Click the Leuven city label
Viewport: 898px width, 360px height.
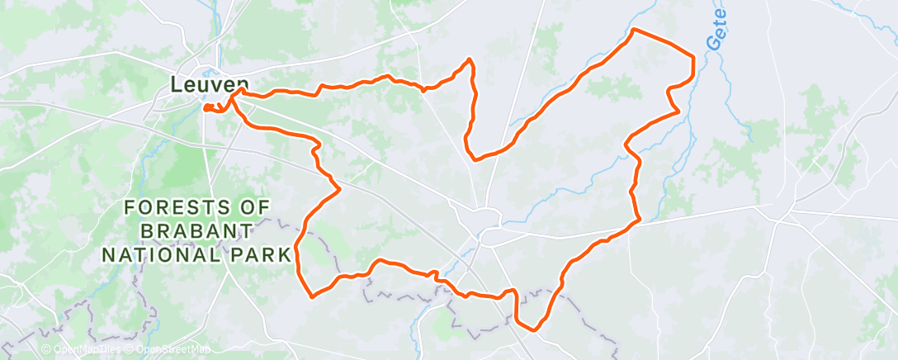pos(210,84)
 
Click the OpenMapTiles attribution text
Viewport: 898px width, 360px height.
pos(87,349)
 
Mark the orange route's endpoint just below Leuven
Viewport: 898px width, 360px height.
pos(205,107)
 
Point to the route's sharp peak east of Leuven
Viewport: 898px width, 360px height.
pos(470,59)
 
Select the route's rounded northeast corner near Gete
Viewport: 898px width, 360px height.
pos(691,58)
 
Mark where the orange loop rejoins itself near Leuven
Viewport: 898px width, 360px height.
pos(234,94)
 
